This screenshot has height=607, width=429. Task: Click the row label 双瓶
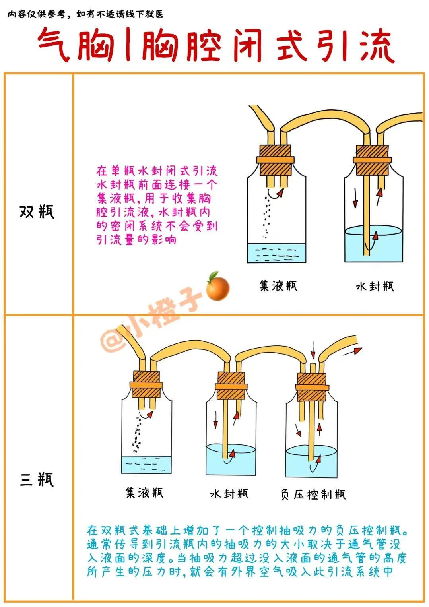pyautogui.click(x=37, y=211)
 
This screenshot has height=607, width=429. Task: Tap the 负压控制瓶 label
pyautogui.click(x=313, y=494)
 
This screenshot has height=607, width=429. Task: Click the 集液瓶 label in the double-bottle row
pyautogui.click(x=278, y=286)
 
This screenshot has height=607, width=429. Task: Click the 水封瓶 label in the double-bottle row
pyautogui.click(x=375, y=287)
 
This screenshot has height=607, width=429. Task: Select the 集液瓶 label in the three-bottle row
pyautogui.click(x=144, y=493)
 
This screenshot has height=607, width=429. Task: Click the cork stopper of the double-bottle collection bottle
pyautogui.click(x=276, y=161)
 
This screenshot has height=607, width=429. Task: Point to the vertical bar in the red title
pyautogui.click(x=128, y=45)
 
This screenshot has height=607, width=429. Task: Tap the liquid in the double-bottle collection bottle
pyautogui.click(x=276, y=253)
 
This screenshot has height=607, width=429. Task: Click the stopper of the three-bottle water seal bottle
pyautogui.click(x=231, y=386)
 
